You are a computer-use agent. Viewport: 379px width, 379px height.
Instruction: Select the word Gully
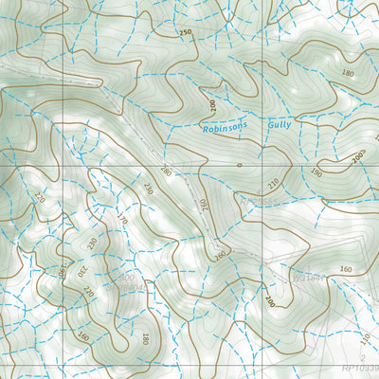278,123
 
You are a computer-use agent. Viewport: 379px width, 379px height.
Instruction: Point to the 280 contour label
167,171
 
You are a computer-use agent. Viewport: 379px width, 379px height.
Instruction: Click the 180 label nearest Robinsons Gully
347,72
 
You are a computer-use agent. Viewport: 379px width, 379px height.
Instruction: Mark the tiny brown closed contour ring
239,165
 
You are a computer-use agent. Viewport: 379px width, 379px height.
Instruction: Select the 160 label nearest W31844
344,270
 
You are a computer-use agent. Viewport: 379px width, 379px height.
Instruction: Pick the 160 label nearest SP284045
83,334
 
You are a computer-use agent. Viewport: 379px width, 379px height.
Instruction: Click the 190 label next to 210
315,173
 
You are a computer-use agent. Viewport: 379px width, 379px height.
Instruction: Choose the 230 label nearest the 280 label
148,188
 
